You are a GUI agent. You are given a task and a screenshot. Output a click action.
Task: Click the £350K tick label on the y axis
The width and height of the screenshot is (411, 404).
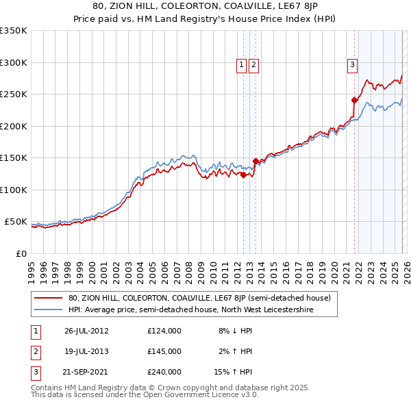pos(14,31)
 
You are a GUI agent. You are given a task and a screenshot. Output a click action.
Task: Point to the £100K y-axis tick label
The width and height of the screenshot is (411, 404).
pos(14,190)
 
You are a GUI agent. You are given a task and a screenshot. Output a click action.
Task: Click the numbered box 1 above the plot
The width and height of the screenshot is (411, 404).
pos(242,65)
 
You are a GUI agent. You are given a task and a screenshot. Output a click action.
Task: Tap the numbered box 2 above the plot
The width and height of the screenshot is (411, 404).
pos(253,65)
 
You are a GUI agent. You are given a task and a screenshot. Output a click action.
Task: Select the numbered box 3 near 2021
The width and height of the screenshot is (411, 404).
pos(352,65)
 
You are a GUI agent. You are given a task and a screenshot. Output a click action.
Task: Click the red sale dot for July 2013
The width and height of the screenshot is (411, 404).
pos(256,162)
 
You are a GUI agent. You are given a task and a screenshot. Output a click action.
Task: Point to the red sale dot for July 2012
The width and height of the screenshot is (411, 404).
pos(243,175)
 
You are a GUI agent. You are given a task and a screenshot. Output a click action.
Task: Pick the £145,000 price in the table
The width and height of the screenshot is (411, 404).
pos(164,351)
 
